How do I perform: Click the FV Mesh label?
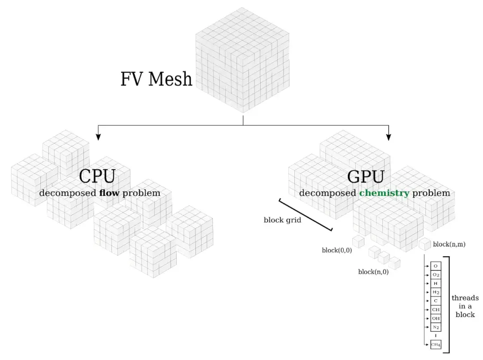pos(156,79)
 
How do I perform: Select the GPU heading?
pos(365,177)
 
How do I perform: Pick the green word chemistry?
pos(384,193)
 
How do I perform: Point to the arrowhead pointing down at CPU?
pos(98,135)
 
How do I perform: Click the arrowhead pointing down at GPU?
pos(388,135)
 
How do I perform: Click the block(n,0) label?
pos(373,272)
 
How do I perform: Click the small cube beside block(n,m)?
pos(424,244)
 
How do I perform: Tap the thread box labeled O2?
pos(436,275)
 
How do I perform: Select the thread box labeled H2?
pos(436,292)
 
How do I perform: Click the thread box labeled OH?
pos(436,318)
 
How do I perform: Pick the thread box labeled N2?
pos(436,327)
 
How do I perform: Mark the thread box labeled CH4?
pos(436,344)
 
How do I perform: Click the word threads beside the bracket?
pos(465,298)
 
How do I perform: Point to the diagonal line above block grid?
pos(305,215)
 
